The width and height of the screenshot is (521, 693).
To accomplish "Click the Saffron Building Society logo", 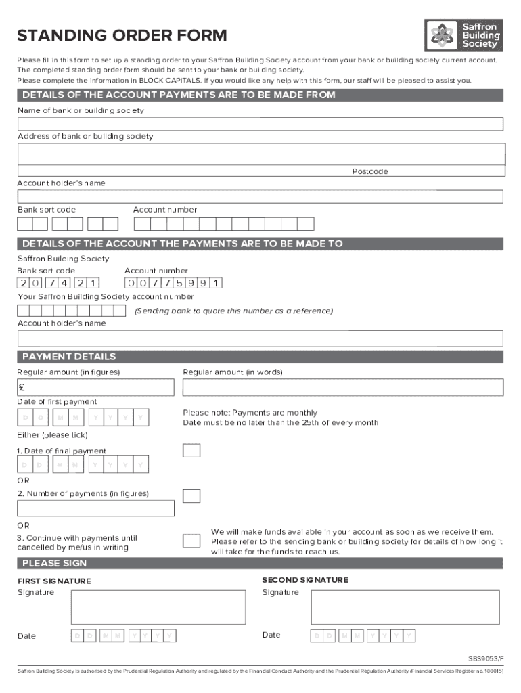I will [x=463, y=35].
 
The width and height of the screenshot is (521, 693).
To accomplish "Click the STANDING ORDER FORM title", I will [x=122, y=36].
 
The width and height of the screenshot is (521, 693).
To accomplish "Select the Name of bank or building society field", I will [x=260, y=124].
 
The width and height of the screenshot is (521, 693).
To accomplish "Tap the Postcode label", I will [x=369, y=171].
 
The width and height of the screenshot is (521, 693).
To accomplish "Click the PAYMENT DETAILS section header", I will [x=69, y=357].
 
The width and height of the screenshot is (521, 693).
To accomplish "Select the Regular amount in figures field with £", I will [x=95, y=387].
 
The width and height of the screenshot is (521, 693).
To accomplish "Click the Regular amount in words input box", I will [x=343, y=387].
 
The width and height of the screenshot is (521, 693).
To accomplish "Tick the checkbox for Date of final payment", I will [x=191, y=451].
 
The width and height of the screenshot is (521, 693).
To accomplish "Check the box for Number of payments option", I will [x=191, y=495].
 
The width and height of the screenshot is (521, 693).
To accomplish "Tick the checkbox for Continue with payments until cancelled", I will [x=191, y=541].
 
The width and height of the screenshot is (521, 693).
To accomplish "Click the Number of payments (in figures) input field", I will [x=95, y=508].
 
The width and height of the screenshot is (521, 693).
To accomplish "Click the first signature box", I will [x=158, y=607].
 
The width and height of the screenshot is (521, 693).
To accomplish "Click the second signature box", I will [x=405, y=607].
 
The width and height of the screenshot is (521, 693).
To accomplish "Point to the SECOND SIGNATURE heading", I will [x=305, y=580].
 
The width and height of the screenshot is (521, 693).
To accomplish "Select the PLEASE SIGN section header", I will [x=55, y=563].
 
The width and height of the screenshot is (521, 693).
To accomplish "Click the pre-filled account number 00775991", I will [x=173, y=283].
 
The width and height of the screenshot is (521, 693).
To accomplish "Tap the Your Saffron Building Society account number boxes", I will [x=71, y=311].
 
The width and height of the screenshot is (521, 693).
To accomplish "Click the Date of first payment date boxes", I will [x=83, y=418].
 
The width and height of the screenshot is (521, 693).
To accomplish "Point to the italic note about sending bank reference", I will [x=233, y=311].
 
